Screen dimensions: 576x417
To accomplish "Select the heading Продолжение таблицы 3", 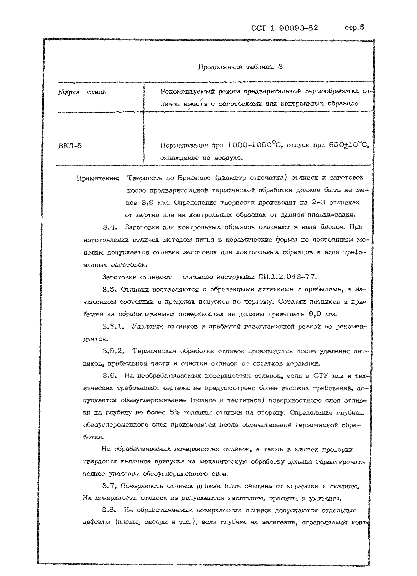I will coord(240,67).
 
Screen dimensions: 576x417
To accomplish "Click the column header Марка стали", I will coord(82,92).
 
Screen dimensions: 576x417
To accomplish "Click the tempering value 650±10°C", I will coord(348,145).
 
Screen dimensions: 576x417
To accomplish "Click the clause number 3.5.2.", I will coord(113,351).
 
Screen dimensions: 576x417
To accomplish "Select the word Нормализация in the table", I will coord(184,146).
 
